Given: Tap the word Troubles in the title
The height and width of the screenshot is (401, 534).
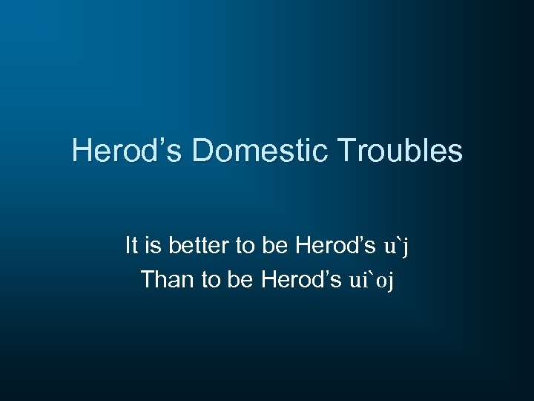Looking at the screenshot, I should click(400, 151).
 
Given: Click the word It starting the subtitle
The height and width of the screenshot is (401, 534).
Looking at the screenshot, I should click(131, 245).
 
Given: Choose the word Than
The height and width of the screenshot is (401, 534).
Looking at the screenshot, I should click(165, 280).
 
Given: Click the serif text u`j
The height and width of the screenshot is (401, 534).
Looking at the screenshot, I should click(395, 246).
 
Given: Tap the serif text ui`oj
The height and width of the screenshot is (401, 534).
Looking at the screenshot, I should click(374, 281).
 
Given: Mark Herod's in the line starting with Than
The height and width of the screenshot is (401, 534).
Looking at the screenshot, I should click(302, 280).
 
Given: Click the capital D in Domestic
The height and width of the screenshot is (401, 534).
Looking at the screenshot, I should click(202, 151).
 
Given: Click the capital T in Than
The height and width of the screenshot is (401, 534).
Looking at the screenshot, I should click(146, 280).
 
